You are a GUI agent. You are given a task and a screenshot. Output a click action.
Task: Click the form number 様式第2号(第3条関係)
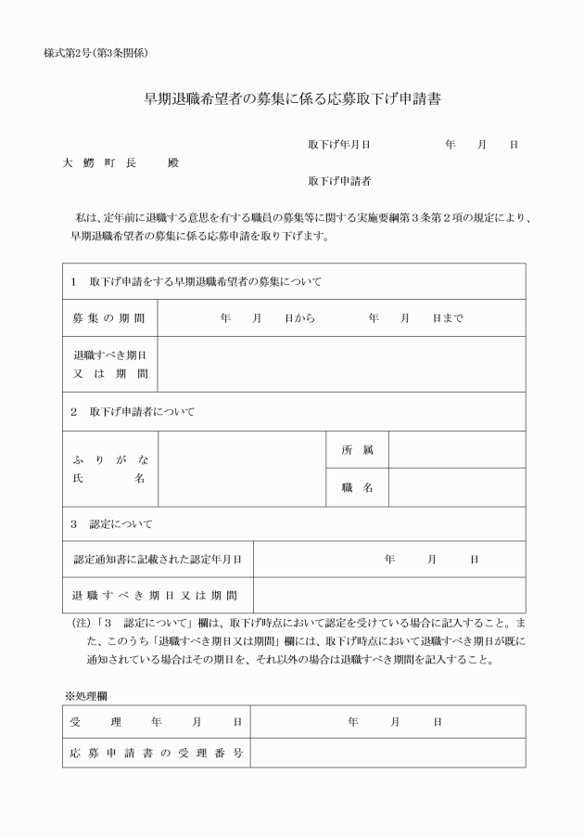(96, 52)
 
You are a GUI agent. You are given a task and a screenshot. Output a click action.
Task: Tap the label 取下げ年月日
(339, 145)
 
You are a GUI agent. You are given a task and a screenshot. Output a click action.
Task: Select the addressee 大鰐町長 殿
(120, 162)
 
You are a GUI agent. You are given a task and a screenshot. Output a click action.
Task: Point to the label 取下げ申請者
(339, 181)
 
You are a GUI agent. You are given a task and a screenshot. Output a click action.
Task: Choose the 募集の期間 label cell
(109, 317)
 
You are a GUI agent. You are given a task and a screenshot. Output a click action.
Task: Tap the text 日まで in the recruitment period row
(448, 317)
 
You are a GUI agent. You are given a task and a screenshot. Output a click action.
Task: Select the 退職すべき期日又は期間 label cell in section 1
(109, 364)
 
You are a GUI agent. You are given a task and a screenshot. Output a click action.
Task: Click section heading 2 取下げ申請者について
(133, 411)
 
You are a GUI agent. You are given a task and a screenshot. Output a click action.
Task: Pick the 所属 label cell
(357, 450)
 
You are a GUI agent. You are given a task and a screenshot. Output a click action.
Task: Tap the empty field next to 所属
(456, 450)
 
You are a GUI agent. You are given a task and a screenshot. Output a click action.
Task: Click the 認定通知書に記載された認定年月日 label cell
(158, 560)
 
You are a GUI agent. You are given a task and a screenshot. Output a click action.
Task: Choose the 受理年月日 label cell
(157, 722)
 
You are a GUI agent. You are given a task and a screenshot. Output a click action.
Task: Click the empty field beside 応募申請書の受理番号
(387, 752)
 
